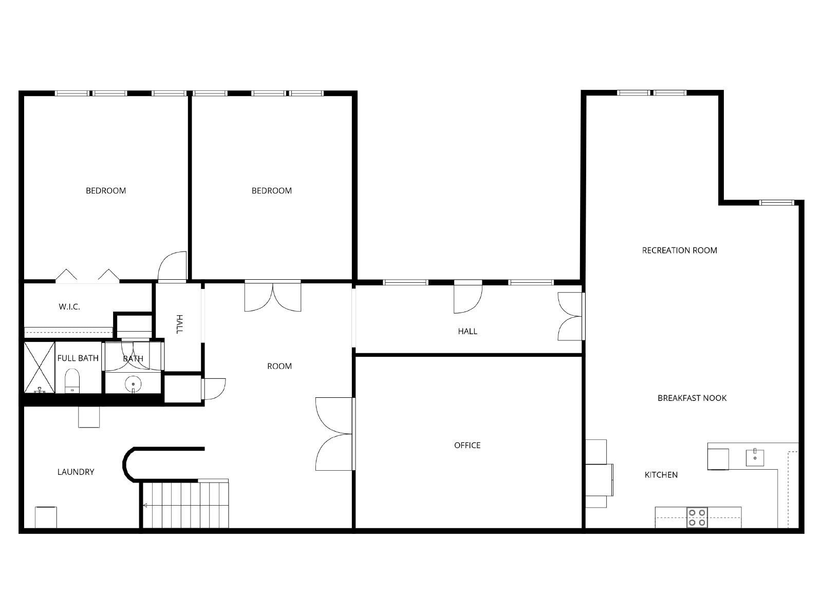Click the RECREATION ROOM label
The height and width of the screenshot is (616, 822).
point(679,251)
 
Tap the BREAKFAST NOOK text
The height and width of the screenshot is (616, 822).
point(692,398)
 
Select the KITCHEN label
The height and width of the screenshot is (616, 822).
point(661,475)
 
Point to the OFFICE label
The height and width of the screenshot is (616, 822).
point(467,445)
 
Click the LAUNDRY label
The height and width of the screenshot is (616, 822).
point(76,472)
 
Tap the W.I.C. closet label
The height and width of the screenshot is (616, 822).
point(69,307)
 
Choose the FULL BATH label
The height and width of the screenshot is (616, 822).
point(78,358)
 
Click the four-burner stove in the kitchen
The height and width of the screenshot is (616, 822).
point(697,517)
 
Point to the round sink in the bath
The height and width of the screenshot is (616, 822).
point(133,383)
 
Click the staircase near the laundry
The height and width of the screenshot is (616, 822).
point(185,505)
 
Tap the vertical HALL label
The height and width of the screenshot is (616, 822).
point(179,324)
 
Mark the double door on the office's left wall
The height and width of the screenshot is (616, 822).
point(335,434)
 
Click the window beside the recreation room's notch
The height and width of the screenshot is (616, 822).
point(777,203)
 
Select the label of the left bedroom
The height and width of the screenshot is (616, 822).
point(105,190)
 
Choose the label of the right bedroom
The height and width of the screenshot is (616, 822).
point(271,190)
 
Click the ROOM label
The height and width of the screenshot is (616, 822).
point(279,366)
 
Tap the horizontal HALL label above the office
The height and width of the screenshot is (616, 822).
point(468,331)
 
